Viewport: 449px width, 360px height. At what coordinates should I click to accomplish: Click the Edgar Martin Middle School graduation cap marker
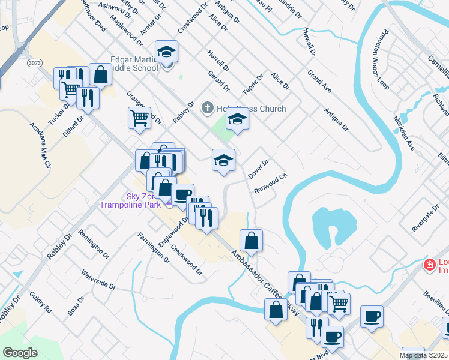click(167, 52)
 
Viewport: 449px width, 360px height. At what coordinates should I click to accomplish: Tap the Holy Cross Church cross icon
click(207, 109)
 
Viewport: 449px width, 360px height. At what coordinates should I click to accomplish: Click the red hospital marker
click(429, 265)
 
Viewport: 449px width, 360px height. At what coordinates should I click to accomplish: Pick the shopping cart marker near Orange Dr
click(139, 118)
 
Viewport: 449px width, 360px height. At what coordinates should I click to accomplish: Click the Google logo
click(20, 353)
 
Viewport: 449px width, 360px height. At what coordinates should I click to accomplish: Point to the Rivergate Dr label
click(426, 217)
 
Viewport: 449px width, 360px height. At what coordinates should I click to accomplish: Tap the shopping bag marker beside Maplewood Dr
click(100, 75)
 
